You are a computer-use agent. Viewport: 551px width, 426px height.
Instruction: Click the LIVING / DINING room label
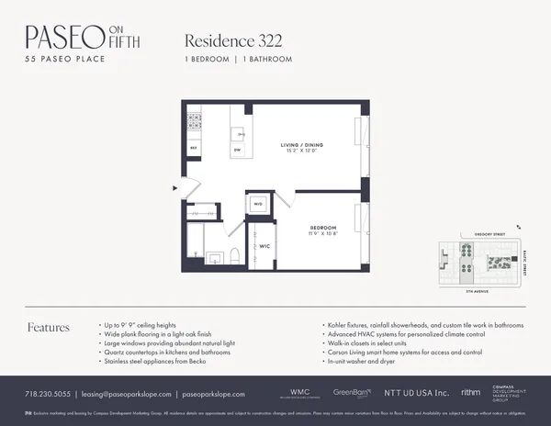coord(303,145)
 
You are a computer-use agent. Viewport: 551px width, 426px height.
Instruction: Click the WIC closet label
coord(263,247)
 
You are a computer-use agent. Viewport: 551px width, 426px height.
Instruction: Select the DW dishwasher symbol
coord(237,151)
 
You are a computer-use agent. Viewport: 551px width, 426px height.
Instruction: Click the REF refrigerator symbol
coord(194,147)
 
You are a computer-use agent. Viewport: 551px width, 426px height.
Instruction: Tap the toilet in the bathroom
coord(235,256)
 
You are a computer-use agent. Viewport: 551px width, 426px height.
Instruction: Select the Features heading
coord(49,328)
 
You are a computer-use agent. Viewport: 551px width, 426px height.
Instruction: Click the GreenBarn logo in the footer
coord(351,392)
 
